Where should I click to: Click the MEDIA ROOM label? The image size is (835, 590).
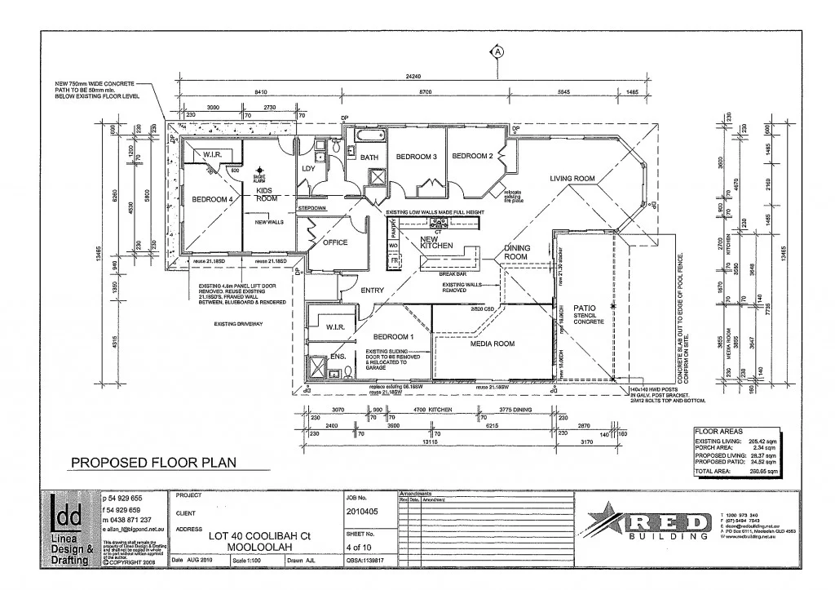(x=492, y=344)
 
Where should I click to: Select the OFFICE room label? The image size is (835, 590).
(x=334, y=242)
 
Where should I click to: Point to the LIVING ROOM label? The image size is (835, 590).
(x=572, y=178)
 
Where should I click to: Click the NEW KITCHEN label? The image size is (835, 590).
(x=436, y=242)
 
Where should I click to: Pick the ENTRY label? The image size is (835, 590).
(x=372, y=291)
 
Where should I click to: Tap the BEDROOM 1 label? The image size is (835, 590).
(x=394, y=336)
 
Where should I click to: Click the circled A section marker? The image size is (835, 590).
(x=497, y=51)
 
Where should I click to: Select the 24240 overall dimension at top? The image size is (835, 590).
(x=415, y=77)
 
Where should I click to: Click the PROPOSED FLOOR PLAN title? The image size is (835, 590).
(x=153, y=463)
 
